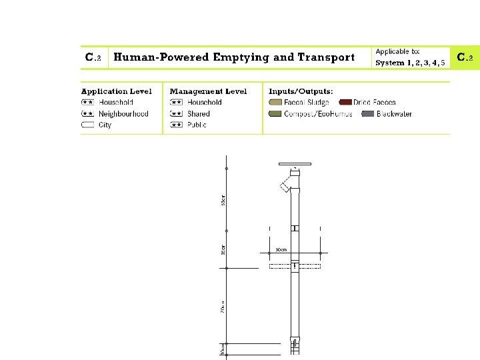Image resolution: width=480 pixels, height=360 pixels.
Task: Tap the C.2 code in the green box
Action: pyautogui.click(x=465, y=58)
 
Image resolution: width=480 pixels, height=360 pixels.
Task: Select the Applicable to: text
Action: pyautogui.click(x=398, y=51)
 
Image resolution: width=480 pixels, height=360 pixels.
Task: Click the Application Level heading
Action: pyautogui.click(x=116, y=91)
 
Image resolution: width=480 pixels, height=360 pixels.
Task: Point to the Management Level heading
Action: pyautogui.click(x=208, y=91)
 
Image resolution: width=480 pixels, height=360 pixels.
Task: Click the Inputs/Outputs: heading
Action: pyautogui.click(x=301, y=91)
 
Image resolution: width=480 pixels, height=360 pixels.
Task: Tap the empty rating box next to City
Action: pyautogui.click(x=87, y=125)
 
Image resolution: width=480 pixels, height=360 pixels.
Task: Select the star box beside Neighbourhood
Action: pyautogui.click(x=87, y=114)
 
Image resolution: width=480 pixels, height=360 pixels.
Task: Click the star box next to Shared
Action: pyautogui.click(x=176, y=114)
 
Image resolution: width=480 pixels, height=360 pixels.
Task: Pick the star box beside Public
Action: pyautogui.click(x=176, y=125)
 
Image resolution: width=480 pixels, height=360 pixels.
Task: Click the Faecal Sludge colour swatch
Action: pyautogui.click(x=275, y=103)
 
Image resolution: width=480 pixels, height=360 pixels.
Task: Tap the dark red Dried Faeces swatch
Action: pyautogui.click(x=345, y=103)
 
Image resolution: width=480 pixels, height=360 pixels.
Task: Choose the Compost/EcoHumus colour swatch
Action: pyautogui.click(x=275, y=114)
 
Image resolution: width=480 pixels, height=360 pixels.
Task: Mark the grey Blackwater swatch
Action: pyautogui.click(x=368, y=114)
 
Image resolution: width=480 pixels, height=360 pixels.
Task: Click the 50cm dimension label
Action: pyautogui.click(x=281, y=250)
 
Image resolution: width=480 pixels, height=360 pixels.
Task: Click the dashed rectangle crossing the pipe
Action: pyautogui.click(x=295, y=266)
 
